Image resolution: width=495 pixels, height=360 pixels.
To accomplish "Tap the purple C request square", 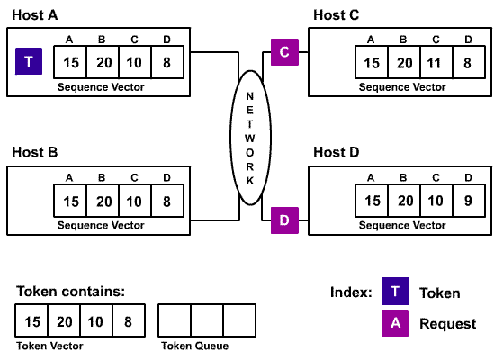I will click(x=284, y=52).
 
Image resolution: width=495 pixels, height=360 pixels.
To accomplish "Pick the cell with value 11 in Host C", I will click(x=435, y=62).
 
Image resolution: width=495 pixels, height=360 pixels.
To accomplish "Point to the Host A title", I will click(x=34, y=14).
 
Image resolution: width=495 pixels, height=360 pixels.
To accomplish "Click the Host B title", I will click(x=34, y=152).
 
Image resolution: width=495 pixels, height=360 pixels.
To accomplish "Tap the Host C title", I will click(x=337, y=14).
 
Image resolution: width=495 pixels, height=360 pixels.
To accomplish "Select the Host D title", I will click(x=337, y=152).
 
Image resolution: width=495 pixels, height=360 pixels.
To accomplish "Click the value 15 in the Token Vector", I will click(x=32, y=321).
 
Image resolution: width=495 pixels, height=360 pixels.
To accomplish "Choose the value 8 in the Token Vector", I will click(x=128, y=321).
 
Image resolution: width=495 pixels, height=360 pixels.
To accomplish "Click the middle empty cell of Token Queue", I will click(x=207, y=321).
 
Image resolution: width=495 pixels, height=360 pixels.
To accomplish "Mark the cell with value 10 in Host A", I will click(x=134, y=62).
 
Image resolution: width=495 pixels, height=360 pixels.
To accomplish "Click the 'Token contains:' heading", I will click(x=70, y=291).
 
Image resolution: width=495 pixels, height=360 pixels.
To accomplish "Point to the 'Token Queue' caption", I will click(x=194, y=346).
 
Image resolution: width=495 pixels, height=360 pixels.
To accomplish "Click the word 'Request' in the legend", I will click(x=447, y=324).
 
